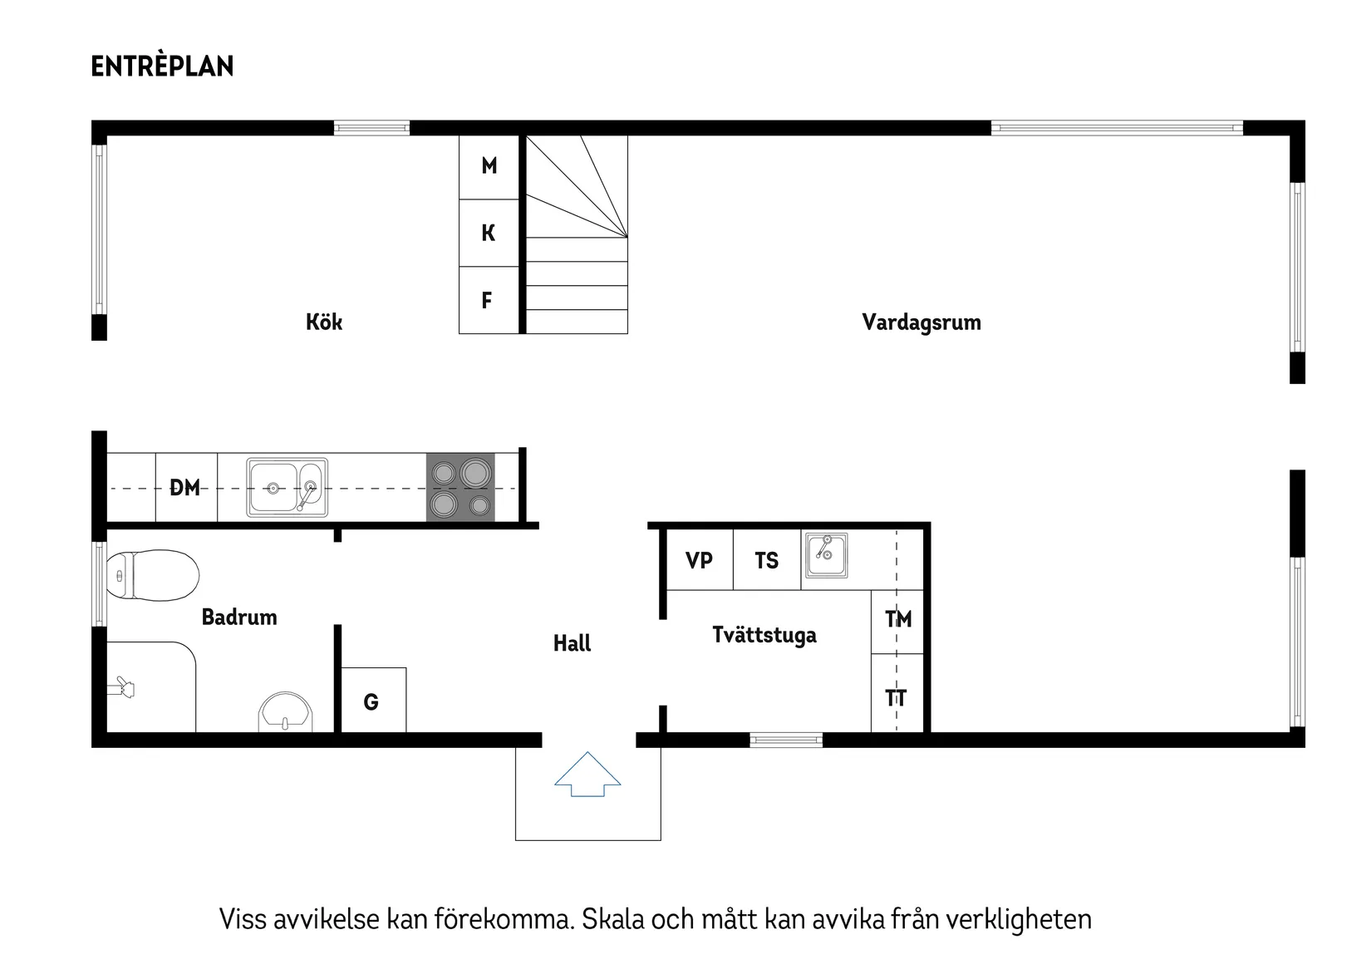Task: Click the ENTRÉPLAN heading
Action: tap(162, 66)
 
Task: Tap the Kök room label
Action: tap(323, 322)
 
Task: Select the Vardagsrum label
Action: tap(921, 322)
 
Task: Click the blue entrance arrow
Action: tap(587, 775)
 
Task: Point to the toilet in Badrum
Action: tap(154, 575)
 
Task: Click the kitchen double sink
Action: tap(287, 488)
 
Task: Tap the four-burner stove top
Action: tap(460, 487)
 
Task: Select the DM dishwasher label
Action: tap(185, 488)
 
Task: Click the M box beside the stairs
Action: tap(489, 166)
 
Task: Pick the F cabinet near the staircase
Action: tap(488, 300)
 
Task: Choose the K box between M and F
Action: tap(489, 233)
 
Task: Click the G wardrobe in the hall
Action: tap(371, 702)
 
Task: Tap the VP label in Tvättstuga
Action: tap(699, 560)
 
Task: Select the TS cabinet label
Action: tap(766, 561)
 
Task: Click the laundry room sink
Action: tap(826, 556)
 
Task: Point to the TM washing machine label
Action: tap(898, 619)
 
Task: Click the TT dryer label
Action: tap(896, 698)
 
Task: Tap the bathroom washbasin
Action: tap(285, 712)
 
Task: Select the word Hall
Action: tap(572, 642)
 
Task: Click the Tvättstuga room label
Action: tap(764, 635)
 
